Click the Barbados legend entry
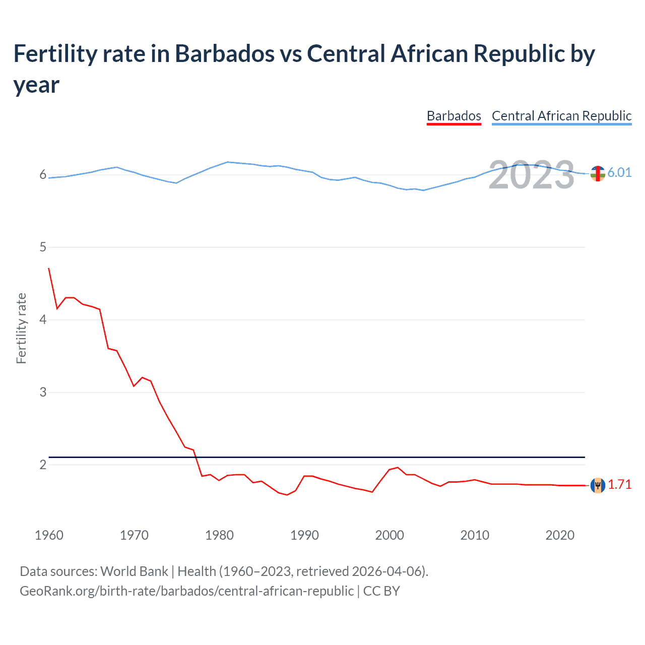coord(454,116)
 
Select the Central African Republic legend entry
coord(561,116)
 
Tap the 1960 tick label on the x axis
coord(49,535)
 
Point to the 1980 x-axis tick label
coord(219,535)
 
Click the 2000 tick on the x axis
coord(390,535)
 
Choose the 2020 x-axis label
coord(560,535)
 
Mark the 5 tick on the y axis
coord(43,247)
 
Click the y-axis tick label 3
coord(43,392)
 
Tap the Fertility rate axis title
coord(21,328)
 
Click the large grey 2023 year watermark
coord(531,175)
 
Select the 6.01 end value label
coord(619,173)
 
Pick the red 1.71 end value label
coord(619,485)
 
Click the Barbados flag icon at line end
coord(598,485)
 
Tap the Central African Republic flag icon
coord(598,173)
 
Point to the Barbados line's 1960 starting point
coord(49,269)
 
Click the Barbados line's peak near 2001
coord(398,468)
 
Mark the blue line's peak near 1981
coord(228,162)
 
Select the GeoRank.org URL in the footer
coord(186,591)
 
